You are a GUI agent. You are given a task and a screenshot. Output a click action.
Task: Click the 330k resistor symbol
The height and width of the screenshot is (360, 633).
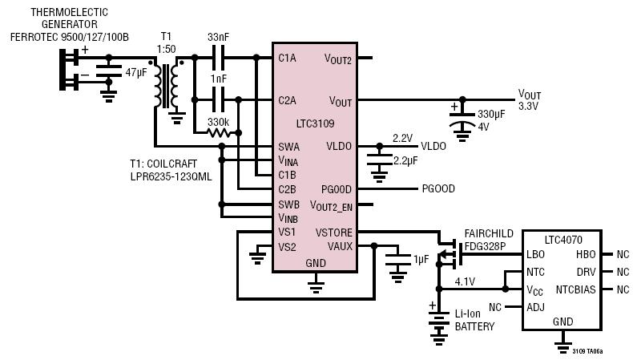(218, 132)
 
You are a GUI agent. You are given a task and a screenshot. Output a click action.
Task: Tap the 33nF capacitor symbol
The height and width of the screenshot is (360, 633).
(219, 58)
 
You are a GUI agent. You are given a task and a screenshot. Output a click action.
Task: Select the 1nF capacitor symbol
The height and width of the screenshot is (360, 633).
(219, 99)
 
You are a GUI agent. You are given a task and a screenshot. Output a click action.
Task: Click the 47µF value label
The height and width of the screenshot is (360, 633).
(136, 73)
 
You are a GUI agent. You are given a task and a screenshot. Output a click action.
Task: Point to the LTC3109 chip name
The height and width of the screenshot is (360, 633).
(315, 123)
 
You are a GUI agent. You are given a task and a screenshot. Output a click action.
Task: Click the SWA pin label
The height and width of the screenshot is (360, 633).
(288, 147)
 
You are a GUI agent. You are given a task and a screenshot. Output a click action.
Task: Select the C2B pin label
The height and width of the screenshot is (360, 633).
(287, 189)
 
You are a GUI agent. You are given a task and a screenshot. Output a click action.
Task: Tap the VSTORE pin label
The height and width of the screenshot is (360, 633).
(333, 233)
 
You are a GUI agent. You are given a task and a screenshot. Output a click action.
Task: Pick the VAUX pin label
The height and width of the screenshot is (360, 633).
(340, 246)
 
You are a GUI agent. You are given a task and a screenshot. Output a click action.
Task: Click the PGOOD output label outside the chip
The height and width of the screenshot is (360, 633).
(438, 188)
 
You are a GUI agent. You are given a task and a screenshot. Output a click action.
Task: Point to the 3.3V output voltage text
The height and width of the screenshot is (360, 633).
(528, 107)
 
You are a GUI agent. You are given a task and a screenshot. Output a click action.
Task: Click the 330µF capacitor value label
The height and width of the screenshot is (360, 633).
(491, 115)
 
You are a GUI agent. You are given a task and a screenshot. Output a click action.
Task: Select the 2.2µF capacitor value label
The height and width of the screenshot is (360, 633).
(405, 161)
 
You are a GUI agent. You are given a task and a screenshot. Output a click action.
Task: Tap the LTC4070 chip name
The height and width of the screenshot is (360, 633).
(563, 240)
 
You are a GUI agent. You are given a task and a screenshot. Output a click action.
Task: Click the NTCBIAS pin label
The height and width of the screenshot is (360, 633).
(575, 289)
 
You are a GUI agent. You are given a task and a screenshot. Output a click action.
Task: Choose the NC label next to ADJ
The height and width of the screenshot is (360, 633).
(495, 307)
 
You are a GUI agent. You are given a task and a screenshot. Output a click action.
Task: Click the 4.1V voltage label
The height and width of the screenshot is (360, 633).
(465, 281)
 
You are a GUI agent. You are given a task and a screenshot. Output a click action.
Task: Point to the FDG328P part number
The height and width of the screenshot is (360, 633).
(485, 246)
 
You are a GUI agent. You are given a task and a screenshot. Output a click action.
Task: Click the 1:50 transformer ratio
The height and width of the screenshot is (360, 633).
(167, 49)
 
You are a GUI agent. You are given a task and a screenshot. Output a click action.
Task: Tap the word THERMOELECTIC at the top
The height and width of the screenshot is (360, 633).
(70, 12)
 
